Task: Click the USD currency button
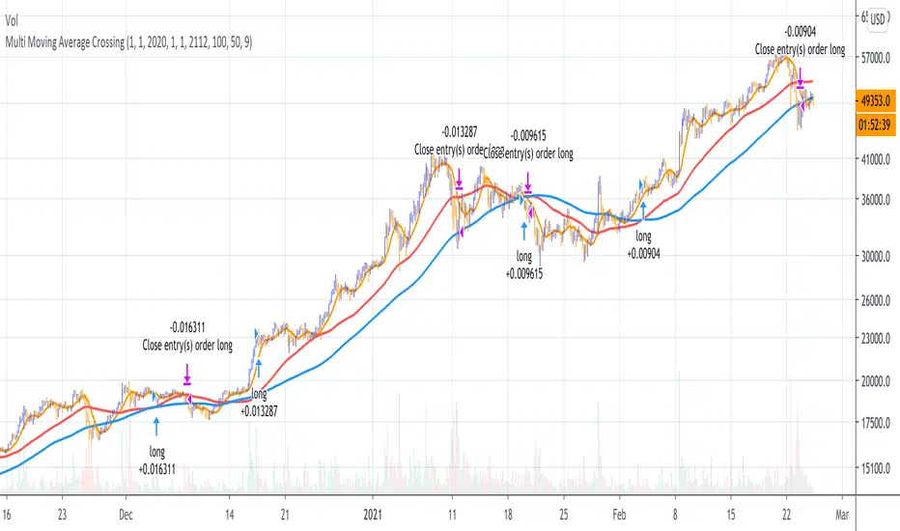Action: coord(878,18)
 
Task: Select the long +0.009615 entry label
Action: coord(524,265)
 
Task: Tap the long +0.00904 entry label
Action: coord(642,245)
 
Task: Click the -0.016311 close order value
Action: coord(186,326)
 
